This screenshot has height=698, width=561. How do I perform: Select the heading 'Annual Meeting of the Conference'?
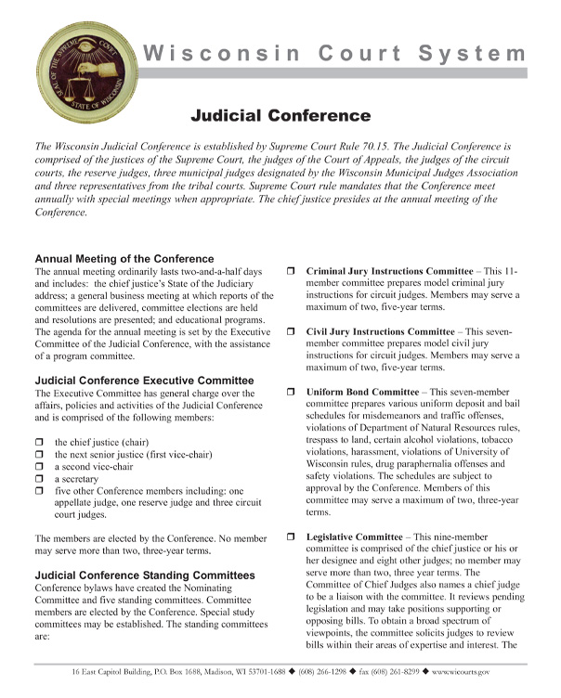[x=124, y=258]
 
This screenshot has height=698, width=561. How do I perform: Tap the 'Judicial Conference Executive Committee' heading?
[x=144, y=380]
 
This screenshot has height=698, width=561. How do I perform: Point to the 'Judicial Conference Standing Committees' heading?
[x=144, y=575]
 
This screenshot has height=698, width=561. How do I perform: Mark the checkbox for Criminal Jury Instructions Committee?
[x=291, y=271]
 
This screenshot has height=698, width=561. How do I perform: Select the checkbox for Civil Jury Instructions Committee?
[x=291, y=331]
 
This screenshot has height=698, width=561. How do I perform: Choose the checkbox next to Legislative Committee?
[x=291, y=537]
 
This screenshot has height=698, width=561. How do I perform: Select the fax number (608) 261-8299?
[x=409, y=671]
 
